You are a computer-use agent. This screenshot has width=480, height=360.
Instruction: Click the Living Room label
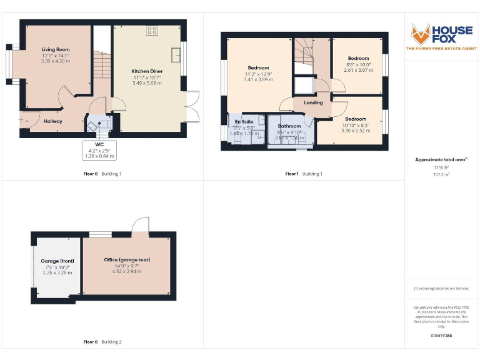tap(56, 49)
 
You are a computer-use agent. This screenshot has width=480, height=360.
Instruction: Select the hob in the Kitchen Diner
tap(152, 29)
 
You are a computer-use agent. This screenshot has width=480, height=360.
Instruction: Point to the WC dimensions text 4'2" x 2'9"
tap(99, 151)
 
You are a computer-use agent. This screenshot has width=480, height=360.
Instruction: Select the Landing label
tap(313, 102)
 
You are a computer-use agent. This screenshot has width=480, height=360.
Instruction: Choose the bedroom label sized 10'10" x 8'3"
tap(356, 119)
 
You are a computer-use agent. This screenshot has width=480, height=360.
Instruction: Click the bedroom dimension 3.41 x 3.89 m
tap(257, 80)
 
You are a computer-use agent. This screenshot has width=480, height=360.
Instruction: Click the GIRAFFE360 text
tap(441, 337)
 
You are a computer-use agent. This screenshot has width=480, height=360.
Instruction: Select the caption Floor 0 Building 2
tap(102, 342)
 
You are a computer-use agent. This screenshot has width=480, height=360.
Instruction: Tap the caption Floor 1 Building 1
tap(304, 173)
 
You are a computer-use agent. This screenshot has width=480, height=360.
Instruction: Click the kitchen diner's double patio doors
tap(192, 106)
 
